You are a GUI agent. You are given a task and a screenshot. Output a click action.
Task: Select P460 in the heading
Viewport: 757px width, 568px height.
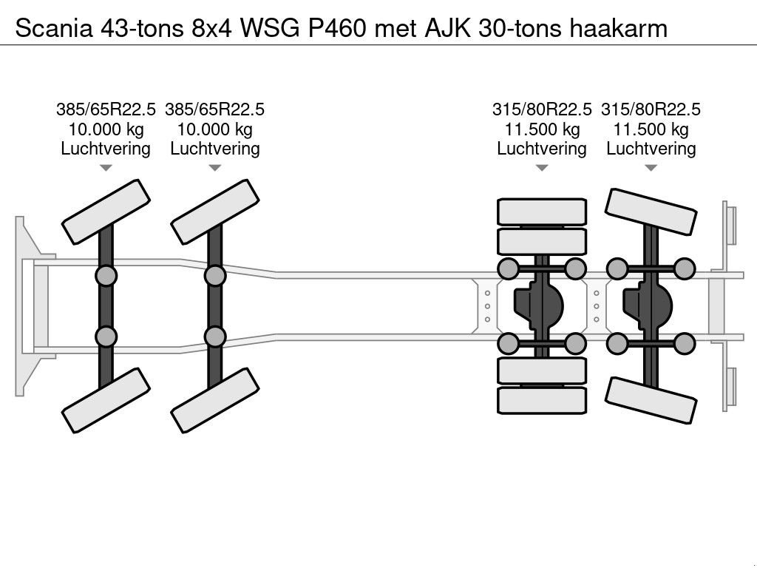tap(349, 28)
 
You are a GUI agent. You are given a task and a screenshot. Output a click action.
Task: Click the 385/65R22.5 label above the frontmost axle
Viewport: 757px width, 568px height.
tap(106, 109)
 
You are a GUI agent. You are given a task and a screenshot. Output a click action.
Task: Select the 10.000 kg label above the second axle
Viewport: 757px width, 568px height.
tap(214, 129)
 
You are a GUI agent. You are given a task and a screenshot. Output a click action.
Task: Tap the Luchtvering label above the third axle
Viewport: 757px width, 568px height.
tap(541, 149)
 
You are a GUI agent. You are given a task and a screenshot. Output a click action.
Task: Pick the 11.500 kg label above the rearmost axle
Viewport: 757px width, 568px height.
tap(651, 129)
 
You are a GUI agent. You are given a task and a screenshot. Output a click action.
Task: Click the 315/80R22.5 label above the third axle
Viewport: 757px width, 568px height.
tap(541, 109)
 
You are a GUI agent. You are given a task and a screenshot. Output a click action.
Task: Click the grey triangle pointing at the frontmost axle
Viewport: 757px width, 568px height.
tap(106, 168)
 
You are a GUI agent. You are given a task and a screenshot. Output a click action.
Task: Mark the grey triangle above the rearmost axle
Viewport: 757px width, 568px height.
tap(651, 168)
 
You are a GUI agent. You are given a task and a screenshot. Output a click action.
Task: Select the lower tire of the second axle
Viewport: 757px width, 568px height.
tap(215, 399)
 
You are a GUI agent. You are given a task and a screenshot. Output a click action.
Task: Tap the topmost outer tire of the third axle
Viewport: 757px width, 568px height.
tap(541, 212)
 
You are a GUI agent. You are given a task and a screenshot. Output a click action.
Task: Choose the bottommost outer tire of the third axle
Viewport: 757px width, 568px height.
tap(541, 400)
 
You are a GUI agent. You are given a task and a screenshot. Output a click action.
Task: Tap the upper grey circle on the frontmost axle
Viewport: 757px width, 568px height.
tap(106, 277)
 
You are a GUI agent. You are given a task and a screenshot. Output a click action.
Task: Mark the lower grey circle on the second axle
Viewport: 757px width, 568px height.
tap(215, 337)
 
